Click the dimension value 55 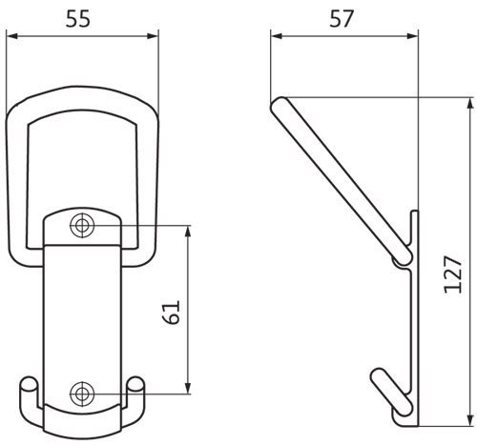78,19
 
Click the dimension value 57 342,19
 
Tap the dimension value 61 172,313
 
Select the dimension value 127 453,274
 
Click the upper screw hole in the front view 82,226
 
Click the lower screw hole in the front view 82,394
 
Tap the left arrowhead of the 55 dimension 12,36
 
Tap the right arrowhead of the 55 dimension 153,36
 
